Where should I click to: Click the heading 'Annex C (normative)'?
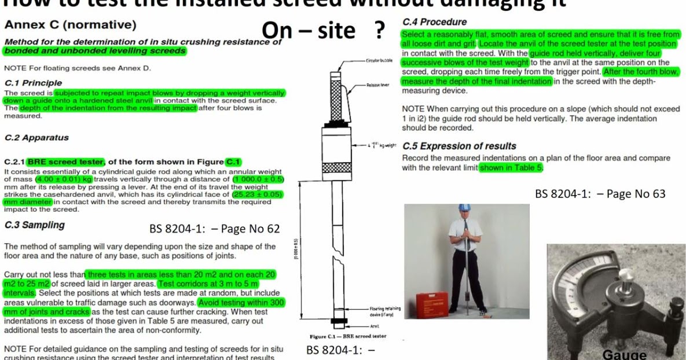[x=70, y=25]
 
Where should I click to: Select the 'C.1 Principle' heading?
[x=33, y=83]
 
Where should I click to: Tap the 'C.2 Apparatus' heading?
[x=36, y=138]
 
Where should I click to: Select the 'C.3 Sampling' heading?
[x=34, y=225]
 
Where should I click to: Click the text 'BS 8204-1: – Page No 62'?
[x=214, y=229]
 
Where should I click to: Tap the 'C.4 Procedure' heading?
[x=434, y=22]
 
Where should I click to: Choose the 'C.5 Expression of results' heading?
[x=459, y=146]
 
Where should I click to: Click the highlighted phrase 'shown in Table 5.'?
[x=511, y=168]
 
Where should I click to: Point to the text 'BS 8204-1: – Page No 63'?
[x=600, y=194]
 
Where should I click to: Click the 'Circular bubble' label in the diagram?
[x=380, y=60]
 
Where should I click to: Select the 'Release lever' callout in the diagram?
[x=377, y=85]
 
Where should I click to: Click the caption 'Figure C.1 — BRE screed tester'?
[x=348, y=336]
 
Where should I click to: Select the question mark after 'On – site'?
[x=379, y=31]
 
